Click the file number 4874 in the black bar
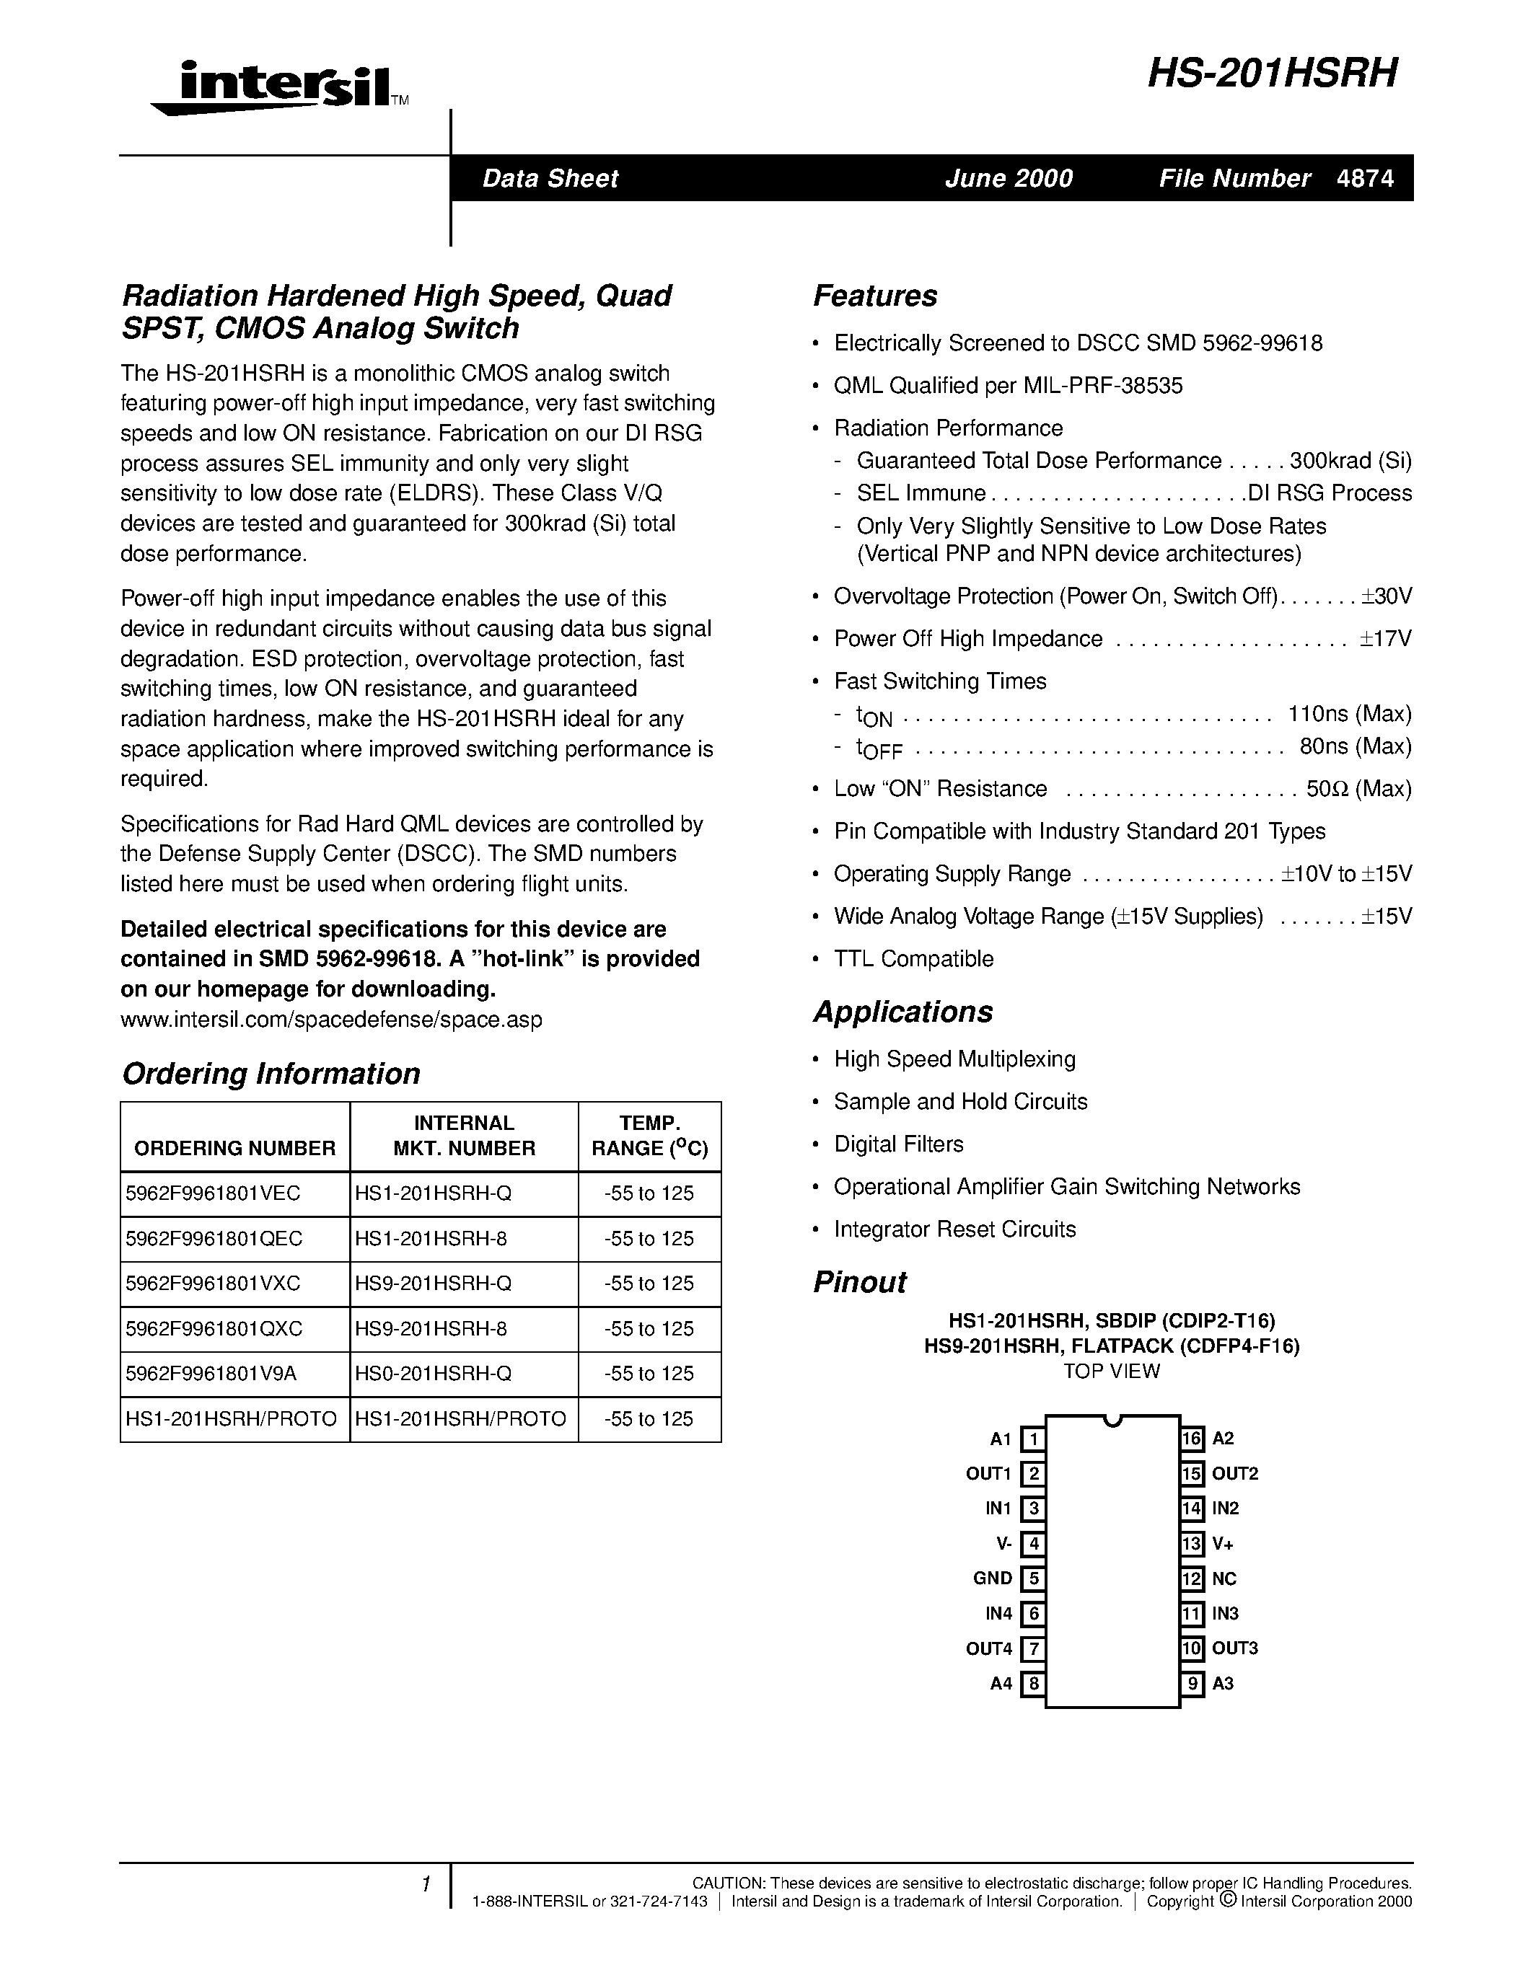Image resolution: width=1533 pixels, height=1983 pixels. click(1365, 178)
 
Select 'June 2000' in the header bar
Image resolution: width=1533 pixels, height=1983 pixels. click(1008, 178)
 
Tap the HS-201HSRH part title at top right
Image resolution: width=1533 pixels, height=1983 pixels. click(1271, 74)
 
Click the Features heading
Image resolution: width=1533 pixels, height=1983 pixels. click(874, 296)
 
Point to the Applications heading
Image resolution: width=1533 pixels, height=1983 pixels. click(902, 1012)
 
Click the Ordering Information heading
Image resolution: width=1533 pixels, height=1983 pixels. click(271, 1073)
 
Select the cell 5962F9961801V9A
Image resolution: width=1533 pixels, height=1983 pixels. click(211, 1374)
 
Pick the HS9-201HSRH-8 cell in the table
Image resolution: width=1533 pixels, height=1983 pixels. click(431, 1328)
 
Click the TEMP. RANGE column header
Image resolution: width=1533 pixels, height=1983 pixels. click(649, 1136)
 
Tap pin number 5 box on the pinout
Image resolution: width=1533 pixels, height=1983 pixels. click(1032, 1578)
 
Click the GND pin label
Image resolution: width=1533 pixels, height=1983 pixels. click(992, 1578)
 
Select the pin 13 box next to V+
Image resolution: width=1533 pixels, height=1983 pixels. click(1192, 1544)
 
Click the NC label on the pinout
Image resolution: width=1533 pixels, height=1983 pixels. click(1224, 1578)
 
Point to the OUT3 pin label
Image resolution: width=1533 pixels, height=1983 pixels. click(1235, 1648)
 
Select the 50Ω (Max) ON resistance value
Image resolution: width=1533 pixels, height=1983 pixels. click(1358, 789)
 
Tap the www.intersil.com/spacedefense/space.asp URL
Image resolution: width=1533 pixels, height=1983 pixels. click(331, 1019)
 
